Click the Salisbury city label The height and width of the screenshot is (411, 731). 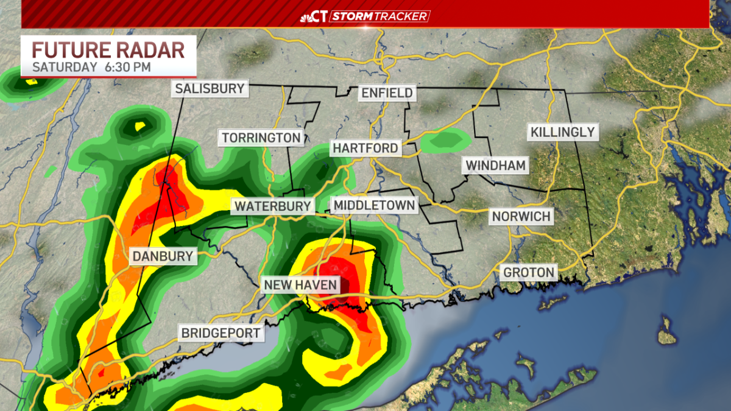click(210, 89)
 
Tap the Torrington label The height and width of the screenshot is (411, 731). click(261, 138)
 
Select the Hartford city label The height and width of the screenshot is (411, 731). click(365, 148)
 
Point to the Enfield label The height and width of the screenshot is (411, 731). click(387, 93)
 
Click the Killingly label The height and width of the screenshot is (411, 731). click(562, 132)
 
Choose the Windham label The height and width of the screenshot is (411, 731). click(495, 165)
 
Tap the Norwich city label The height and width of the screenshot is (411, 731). click(521, 216)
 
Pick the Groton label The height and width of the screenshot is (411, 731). click(529, 272)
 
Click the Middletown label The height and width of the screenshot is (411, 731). click(375, 205)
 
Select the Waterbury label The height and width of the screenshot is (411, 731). click(273, 206)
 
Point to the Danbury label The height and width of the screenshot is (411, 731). click(163, 256)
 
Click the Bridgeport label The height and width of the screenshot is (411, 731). click(221, 333)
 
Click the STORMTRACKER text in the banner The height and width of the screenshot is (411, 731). click(380, 16)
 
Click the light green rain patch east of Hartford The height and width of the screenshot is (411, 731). click(447, 141)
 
